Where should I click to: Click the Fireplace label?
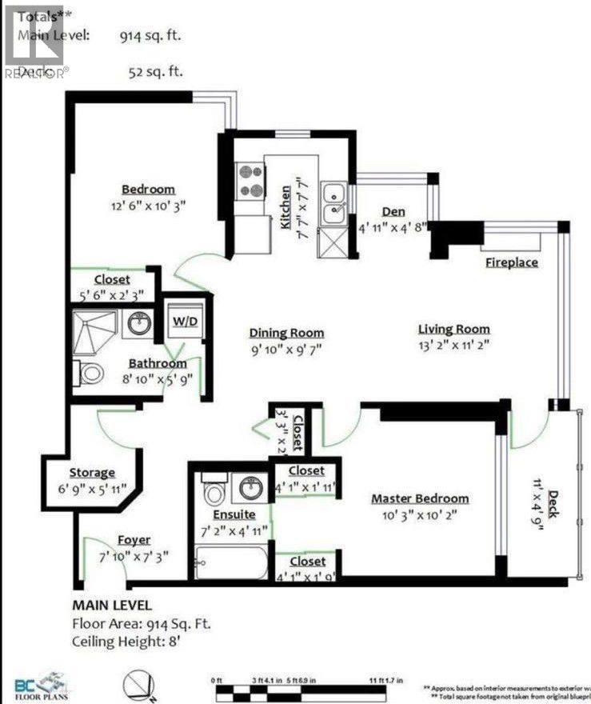[x=511, y=262]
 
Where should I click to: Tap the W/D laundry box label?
[x=184, y=322]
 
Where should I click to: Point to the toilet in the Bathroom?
[x=90, y=373]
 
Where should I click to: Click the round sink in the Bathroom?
[x=140, y=324]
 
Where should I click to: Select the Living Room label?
[x=453, y=329]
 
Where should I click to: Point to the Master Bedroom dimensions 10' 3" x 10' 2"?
[x=420, y=515]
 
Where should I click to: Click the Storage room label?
[x=92, y=473]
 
